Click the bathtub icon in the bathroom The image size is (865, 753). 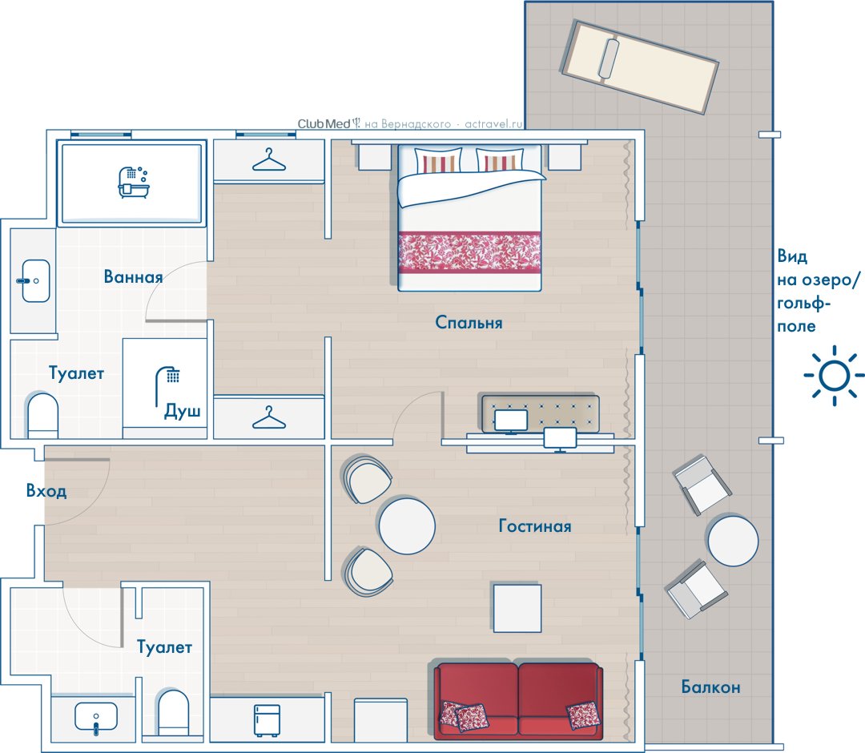133,182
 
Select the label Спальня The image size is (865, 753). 469,322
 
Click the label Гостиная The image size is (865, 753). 534,525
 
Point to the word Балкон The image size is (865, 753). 710,687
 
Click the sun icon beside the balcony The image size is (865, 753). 834,376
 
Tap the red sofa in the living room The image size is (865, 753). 518,701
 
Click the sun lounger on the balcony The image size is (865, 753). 639,66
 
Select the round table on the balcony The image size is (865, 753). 733,541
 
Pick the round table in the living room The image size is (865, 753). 407,526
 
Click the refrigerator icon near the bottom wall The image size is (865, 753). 267,720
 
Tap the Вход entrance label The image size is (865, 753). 46,490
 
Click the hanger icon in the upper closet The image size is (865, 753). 268,160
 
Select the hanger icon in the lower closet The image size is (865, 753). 268,417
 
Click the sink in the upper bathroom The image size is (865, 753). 36,281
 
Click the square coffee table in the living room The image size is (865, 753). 517,608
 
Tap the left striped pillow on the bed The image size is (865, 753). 439,161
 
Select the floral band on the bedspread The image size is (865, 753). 469,252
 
